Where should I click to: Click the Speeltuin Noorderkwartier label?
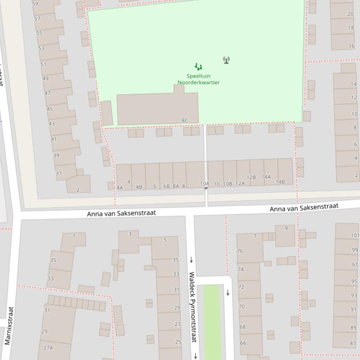(x=198, y=79)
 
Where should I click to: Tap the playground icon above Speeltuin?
(x=198, y=67)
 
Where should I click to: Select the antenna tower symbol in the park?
(x=227, y=60)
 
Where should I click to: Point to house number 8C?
(x=184, y=121)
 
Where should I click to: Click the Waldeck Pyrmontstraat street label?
(x=192, y=307)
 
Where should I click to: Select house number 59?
(x=36, y=4)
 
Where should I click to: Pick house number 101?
(x=355, y=236)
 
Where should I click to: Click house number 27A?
(x=48, y=348)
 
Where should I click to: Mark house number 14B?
(x=280, y=182)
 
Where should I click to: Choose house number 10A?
(x=205, y=184)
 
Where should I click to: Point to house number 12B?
(x=251, y=178)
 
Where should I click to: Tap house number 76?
(x=240, y=251)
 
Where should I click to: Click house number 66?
(x=242, y=343)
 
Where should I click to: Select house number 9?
(x=286, y=229)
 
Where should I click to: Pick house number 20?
(x=351, y=14)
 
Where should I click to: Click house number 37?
(x=59, y=173)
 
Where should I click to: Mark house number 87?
(x=353, y=343)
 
